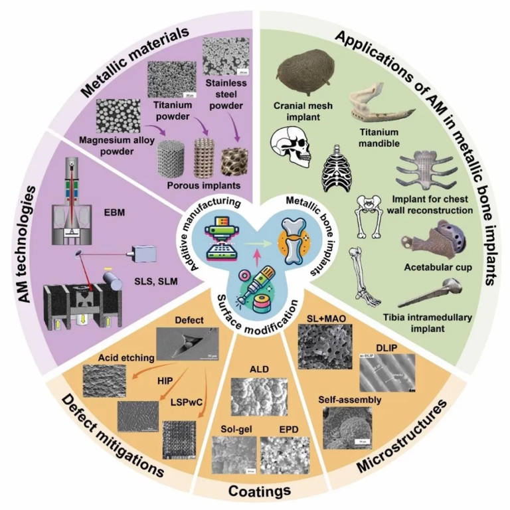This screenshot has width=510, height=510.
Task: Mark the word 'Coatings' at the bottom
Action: [x=255, y=491]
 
